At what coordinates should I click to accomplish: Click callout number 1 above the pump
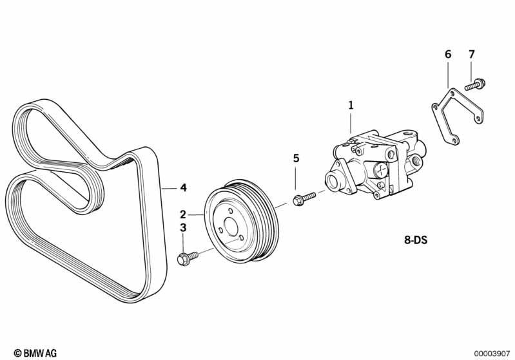coord(351,106)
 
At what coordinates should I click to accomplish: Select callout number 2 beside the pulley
coord(183,214)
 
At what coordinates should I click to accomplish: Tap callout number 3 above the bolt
coord(183,228)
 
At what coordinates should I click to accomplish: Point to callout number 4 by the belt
coord(183,187)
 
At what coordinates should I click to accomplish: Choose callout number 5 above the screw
coord(296,158)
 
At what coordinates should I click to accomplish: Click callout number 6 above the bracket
coord(449,54)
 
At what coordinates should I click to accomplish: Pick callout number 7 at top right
coord(472,54)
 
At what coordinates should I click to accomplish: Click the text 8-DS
coord(416,240)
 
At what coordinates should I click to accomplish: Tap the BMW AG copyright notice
coord(35,353)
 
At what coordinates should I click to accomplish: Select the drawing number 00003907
coord(492,354)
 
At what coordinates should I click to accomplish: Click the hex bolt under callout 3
coord(188,258)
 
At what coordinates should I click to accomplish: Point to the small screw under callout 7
coord(475,84)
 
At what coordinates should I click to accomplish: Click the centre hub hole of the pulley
coord(231,227)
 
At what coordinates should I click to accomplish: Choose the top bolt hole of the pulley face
coord(230,211)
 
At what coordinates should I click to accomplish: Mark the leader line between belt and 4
coord(170,188)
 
